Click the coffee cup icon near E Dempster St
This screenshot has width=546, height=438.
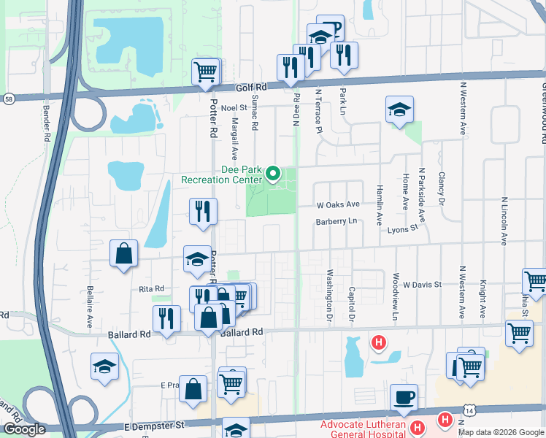point(404,397)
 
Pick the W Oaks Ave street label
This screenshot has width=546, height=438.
point(338,205)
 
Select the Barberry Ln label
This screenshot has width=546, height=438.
point(336,221)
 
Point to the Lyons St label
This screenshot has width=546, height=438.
point(402,228)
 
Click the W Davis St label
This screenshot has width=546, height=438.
point(423,284)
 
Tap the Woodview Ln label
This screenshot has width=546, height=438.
point(395,298)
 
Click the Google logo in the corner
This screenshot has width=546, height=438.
point(24,429)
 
